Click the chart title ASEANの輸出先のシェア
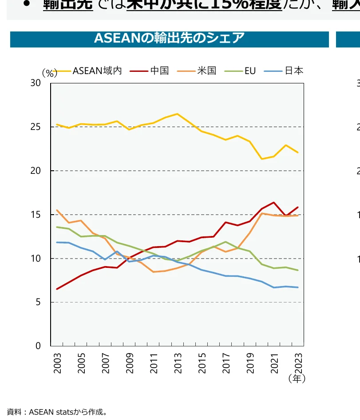[x=169, y=39]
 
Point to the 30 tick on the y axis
[x=36, y=83]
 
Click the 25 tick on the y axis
[x=36, y=127]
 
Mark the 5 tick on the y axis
[x=38, y=302]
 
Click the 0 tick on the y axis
[x=38, y=346]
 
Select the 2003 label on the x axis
[x=58, y=363]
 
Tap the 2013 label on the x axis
[x=178, y=363]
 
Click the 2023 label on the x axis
[x=298, y=363]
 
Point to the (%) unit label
[x=50, y=73]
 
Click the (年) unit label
[x=297, y=379]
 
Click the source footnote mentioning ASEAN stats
[x=57, y=412]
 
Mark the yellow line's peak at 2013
[x=177, y=114]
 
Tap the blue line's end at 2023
[x=298, y=287]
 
